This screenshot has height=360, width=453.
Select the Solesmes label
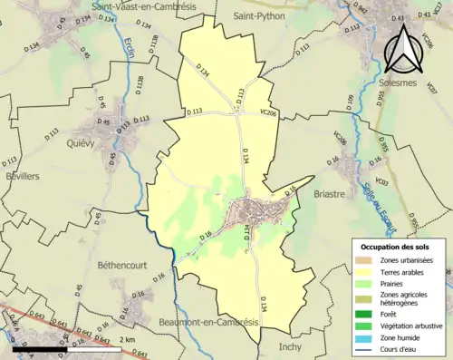[x=395, y=83]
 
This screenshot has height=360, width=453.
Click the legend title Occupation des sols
[x=396, y=247]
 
